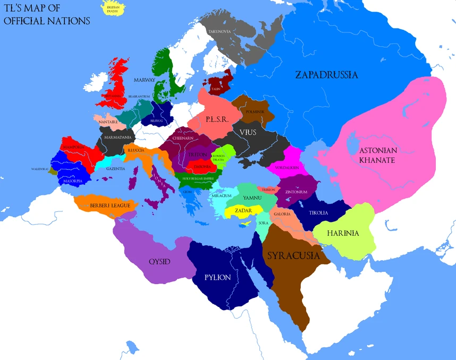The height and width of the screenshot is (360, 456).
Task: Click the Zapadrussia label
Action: coord(326,75)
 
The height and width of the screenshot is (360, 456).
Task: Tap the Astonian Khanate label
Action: coord(378,155)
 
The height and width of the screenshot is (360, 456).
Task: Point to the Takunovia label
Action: coord(219,32)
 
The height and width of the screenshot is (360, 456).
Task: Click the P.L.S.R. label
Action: coord(217,120)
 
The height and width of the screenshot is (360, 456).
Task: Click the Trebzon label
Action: coord(268,190)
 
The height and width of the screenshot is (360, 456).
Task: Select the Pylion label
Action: coord(218,277)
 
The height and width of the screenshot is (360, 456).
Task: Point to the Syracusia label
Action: coord(293,256)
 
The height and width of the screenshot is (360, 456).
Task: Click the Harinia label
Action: coord(343,233)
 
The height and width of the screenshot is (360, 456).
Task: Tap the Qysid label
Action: coord(159,262)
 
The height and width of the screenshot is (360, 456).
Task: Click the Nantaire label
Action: coord(107,122)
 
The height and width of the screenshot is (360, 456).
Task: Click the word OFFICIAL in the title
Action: coord(27,21)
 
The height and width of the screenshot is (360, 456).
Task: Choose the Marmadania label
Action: coord(118,137)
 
